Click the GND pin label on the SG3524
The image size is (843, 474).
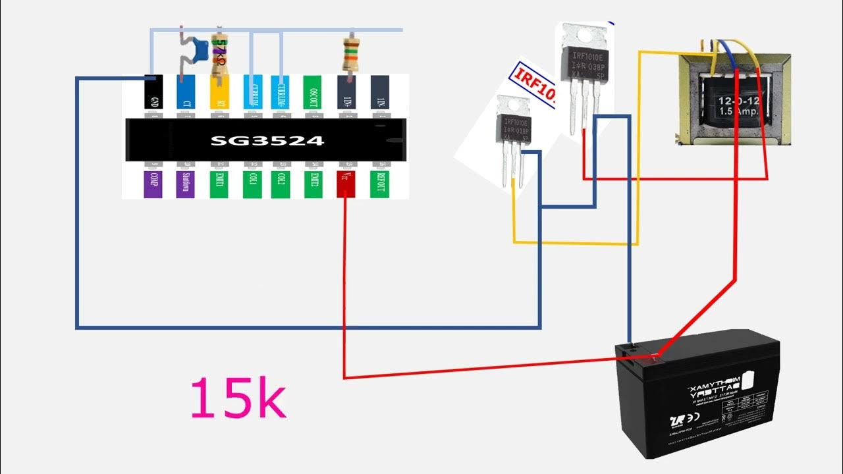[153, 93]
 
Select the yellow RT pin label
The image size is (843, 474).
[219, 93]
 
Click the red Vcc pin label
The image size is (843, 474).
[346, 184]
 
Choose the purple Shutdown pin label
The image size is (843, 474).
[186, 184]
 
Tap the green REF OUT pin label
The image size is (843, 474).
[379, 184]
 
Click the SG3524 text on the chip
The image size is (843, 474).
[267, 141]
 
